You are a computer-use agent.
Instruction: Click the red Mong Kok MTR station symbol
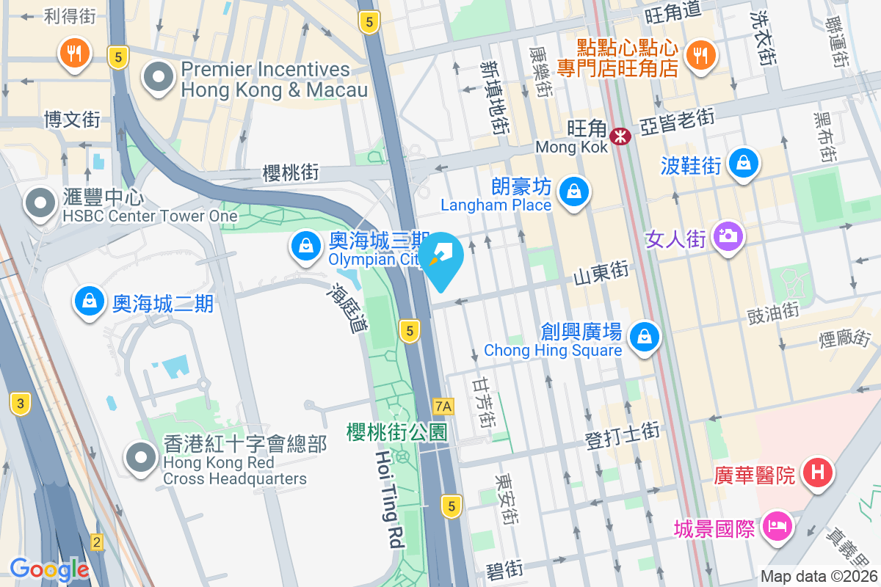click(x=620, y=136)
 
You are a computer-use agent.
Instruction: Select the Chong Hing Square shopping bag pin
click(x=644, y=337)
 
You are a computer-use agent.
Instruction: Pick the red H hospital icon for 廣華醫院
click(x=819, y=471)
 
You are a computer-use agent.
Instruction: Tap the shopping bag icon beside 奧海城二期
click(x=89, y=300)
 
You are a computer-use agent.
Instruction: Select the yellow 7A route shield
click(x=443, y=406)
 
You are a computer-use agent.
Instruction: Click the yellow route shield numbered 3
click(x=21, y=403)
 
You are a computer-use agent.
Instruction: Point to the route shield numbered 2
click(x=97, y=542)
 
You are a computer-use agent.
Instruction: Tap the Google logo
click(x=49, y=569)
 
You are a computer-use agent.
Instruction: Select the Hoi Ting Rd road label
click(x=390, y=499)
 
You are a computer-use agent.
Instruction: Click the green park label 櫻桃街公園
click(x=396, y=432)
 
